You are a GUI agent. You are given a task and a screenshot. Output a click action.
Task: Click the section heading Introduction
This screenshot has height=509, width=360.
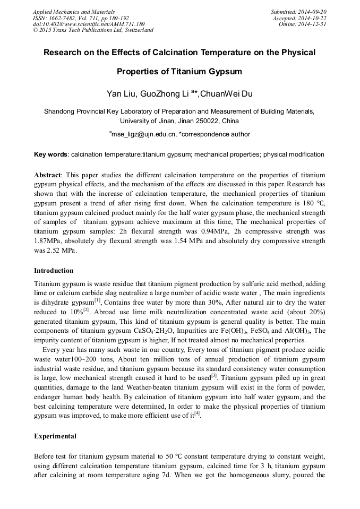coord(54,271)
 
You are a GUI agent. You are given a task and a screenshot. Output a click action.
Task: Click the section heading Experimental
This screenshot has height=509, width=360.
coord(55,436)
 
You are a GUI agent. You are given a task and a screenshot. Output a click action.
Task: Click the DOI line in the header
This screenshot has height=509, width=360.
coord(89,24)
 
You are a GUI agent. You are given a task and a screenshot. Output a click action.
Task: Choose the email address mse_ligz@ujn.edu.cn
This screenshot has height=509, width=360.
coord(143,135)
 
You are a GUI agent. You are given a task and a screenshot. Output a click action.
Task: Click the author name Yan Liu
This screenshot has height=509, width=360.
coord(121,94)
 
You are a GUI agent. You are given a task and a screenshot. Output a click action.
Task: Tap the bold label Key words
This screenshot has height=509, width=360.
coord(50,154)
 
